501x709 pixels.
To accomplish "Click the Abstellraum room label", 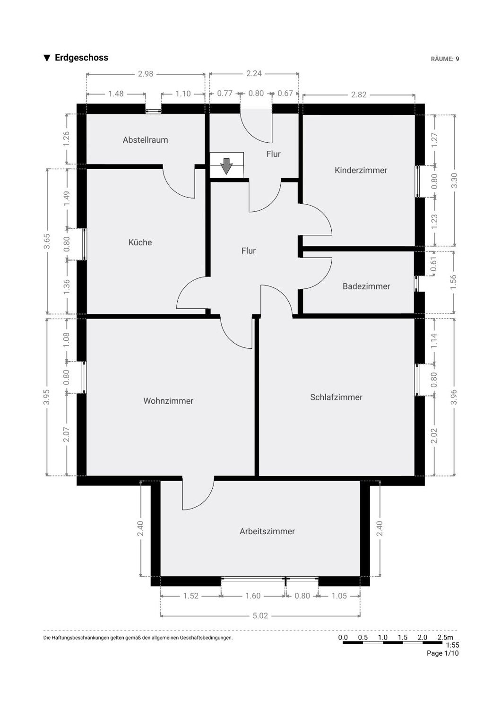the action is click(145, 140).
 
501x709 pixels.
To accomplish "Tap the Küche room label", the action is click(140, 242).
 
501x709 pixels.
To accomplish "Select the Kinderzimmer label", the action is click(361, 170).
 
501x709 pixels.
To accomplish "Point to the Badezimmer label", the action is click(366, 286).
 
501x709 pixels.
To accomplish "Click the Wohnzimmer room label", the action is click(168, 401).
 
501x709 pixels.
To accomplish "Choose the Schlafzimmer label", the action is click(336, 397).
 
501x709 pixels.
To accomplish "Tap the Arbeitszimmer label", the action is click(267, 531).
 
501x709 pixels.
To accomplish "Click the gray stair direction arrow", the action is click(226, 166).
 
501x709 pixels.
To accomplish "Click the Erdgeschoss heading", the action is click(81, 58).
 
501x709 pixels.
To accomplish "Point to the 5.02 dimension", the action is click(260, 615).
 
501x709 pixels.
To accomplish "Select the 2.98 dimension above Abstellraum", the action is click(146, 74).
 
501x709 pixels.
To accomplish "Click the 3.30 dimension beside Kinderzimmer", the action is click(454, 181).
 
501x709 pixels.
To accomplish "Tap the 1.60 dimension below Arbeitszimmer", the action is click(253, 596).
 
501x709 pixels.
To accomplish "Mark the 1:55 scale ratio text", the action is click(452, 645).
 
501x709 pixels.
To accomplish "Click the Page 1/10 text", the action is click(442, 653).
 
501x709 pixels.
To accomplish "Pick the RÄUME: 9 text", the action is click(445, 59).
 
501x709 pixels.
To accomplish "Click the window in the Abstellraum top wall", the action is click(154, 111).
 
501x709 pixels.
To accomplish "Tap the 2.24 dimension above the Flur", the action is click(254, 73).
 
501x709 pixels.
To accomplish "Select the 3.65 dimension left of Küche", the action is click(47, 241).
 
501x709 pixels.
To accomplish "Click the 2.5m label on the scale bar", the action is click(445, 638).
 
